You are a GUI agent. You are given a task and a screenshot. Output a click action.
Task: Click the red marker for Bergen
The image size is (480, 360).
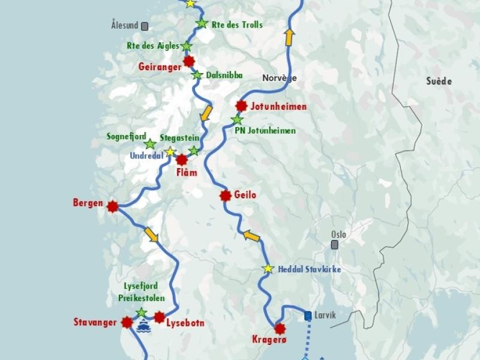pyautogui.click(x=112, y=206)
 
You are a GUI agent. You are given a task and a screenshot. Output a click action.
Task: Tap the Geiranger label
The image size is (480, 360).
pyautogui.click(x=159, y=67)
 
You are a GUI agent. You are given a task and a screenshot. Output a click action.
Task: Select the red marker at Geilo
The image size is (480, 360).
pyautogui.click(x=226, y=196)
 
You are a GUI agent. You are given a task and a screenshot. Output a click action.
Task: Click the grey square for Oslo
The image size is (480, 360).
pyautogui.click(x=334, y=245)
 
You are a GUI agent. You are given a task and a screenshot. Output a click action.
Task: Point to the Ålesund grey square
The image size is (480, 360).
pyautogui.click(x=145, y=26)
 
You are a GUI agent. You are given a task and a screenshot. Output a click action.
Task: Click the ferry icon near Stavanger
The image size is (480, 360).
pyautogui.click(x=143, y=326)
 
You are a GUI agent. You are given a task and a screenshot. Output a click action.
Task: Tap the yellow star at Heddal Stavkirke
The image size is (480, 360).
pyautogui.click(x=268, y=269)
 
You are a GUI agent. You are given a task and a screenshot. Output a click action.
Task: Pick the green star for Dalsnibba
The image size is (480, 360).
pyautogui.click(x=197, y=75)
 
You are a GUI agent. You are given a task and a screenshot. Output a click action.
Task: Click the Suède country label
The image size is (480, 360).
pyautogui.click(x=439, y=81)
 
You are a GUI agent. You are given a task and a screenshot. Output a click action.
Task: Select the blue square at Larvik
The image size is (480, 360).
pyautogui.click(x=308, y=315)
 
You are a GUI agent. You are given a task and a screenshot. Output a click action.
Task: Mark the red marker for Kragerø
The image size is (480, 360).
pyautogui.click(x=280, y=328)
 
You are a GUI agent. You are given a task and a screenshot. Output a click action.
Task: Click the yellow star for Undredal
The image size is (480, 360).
pyautogui.click(x=170, y=152)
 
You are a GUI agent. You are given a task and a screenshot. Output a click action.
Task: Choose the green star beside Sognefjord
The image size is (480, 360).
pyautogui.click(x=150, y=144)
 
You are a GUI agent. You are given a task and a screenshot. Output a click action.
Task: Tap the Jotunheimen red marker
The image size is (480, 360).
pyautogui.click(x=241, y=106)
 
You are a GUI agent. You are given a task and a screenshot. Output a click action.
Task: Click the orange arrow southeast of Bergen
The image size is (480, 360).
pyautogui.click(x=151, y=235)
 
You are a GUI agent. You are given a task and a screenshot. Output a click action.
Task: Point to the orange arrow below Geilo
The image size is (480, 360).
pyautogui.click(x=251, y=236)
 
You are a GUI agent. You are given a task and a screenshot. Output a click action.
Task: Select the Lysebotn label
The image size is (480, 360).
pyautogui.click(x=185, y=323)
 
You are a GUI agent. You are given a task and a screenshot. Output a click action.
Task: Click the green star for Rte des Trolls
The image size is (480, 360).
pyautogui.click(x=202, y=24)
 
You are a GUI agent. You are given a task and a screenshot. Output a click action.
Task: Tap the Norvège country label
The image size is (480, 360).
pyautogui.click(x=280, y=78)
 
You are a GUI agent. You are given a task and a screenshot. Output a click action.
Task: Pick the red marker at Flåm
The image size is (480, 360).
pyautogui.click(x=182, y=160)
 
